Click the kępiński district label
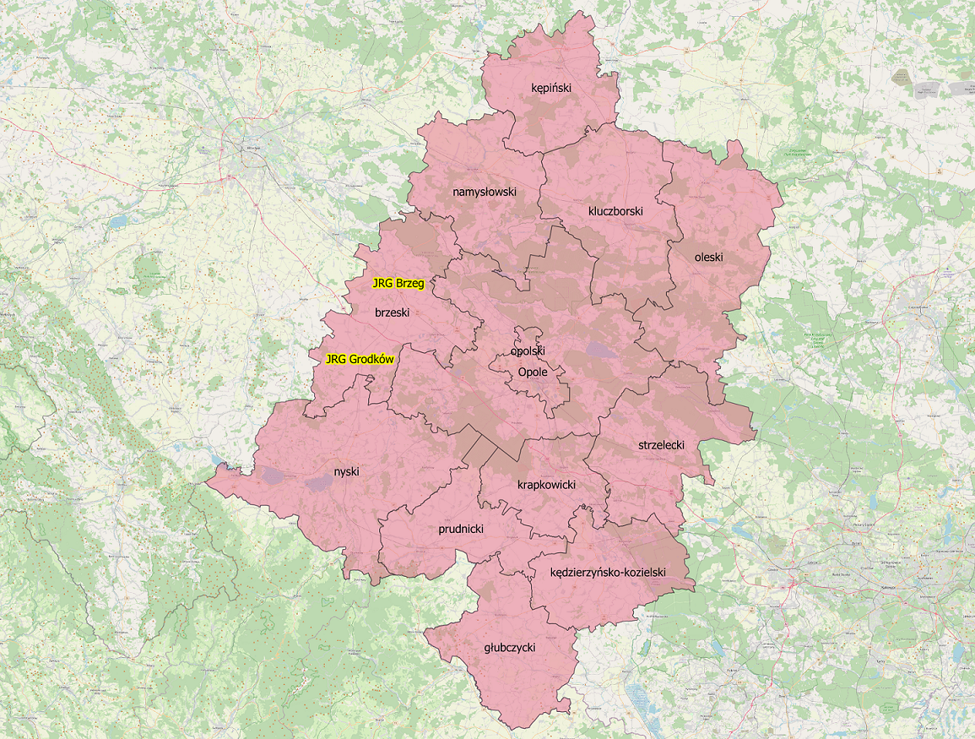click(x=551, y=87)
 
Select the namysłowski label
click(x=484, y=192)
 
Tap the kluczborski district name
click(x=615, y=210)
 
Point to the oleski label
click(x=709, y=257)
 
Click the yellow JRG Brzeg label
click(x=398, y=284)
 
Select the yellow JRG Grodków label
click(x=360, y=359)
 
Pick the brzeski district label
click(x=392, y=312)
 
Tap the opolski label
click(x=528, y=350)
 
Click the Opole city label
click(x=533, y=372)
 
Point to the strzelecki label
click(x=661, y=444)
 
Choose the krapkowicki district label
click(x=546, y=485)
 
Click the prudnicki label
click(x=460, y=530)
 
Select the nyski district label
click(x=346, y=471)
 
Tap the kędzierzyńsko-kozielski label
click(x=608, y=572)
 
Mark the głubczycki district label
click(x=510, y=648)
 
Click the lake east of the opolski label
click(x=600, y=349)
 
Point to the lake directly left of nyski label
click(x=318, y=482)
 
